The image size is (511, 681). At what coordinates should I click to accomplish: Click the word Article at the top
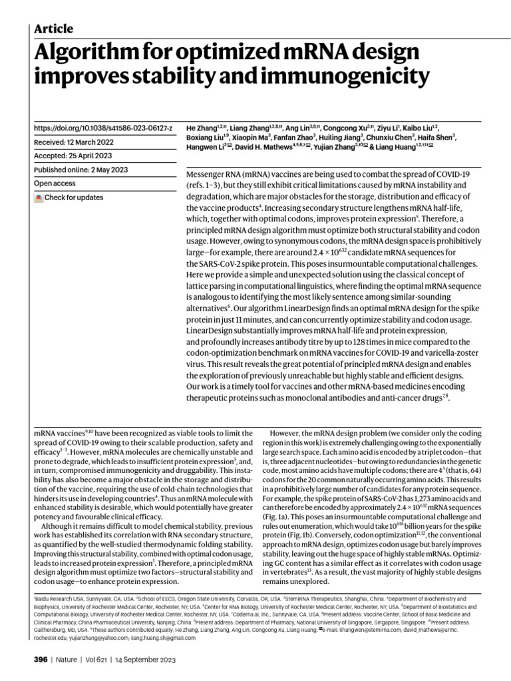pyautogui.click(x=53, y=29)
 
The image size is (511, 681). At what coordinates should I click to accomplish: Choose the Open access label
pyautogui.click(x=56, y=184)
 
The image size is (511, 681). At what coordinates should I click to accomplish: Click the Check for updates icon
pyautogui.click(x=39, y=198)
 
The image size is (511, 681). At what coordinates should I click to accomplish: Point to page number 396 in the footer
pyautogui.click(x=40, y=660)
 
